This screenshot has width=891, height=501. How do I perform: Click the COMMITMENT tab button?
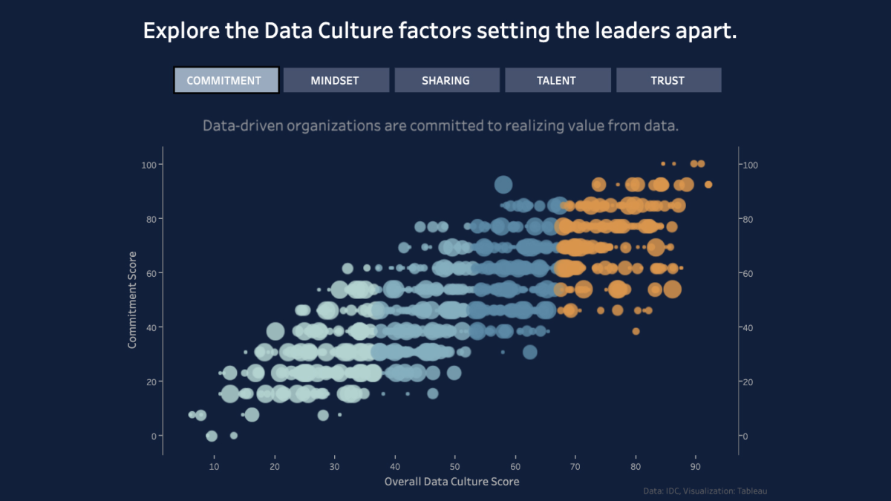coord(226,80)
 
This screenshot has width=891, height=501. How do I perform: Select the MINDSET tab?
coord(336,80)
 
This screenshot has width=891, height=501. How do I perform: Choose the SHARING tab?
coord(446,80)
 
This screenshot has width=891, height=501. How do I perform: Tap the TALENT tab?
coord(557,80)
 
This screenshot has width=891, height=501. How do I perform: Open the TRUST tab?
coord(668,80)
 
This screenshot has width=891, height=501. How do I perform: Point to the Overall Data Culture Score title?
coord(451,482)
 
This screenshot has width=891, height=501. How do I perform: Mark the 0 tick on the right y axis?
coord(745,436)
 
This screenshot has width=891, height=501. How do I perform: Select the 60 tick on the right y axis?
coord(748,273)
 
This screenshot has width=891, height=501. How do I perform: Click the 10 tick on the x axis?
coord(215,466)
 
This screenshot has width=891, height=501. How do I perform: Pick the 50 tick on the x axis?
coord(455,466)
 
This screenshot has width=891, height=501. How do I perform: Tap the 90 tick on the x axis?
coord(696,466)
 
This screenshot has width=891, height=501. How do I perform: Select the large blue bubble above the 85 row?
coord(503,185)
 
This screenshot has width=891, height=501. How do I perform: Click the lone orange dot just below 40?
coord(636,331)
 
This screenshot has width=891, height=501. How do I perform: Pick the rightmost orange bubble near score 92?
coord(708,184)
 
